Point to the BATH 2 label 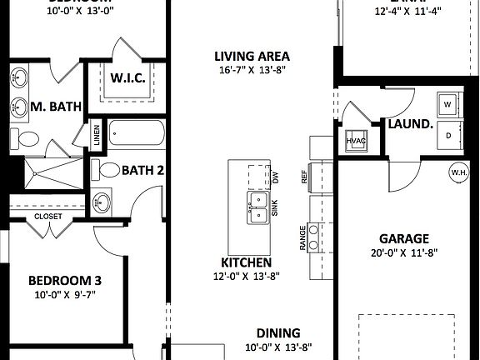tap(143, 170)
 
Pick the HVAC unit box tap(356, 142)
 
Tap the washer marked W tap(447, 105)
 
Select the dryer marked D tap(448, 135)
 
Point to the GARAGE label tap(404, 238)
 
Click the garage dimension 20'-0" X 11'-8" tap(404, 252)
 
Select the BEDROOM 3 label tap(64, 280)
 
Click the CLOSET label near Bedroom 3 tap(47, 217)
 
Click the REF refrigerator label tap(305, 177)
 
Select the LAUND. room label tap(411, 124)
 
